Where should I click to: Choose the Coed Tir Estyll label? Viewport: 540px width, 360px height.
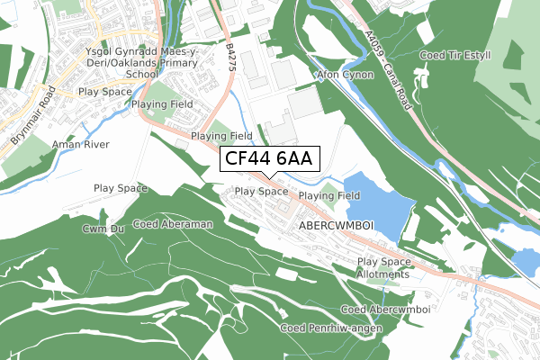pyautogui.click(x=456, y=56)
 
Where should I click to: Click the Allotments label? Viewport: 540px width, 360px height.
pyautogui.click(x=382, y=274)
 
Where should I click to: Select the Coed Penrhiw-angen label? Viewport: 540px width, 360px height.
pyautogui.click(x=330, y=328)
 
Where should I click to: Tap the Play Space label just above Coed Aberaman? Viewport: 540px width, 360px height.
pyautogui.click(x=121, y=188)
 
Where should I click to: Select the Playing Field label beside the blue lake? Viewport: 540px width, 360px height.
pyautogui.click(x=329, y=195)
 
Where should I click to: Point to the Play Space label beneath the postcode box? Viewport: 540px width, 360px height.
pyautogui.click(x=261, y=192)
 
